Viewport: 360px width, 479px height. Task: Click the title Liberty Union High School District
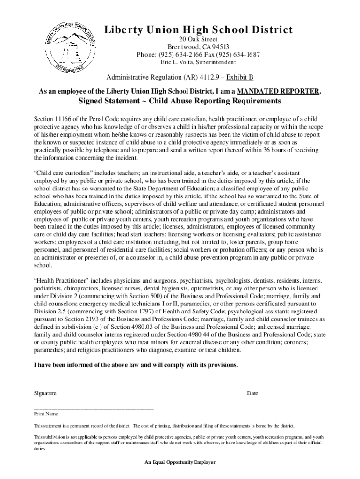point(199,30)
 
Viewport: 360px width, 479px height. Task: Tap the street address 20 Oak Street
point(199,39)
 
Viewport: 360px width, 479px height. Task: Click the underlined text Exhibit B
point(240,78)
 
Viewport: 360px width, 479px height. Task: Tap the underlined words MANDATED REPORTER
point(278,91)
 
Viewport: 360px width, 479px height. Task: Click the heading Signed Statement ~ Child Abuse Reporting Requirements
point(180,102)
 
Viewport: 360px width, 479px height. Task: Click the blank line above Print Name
point(94,409)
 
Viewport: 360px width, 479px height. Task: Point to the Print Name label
point(45,414)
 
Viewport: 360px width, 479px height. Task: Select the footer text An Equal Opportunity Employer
point(180,462)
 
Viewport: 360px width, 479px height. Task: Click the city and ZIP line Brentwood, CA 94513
point(199,47)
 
